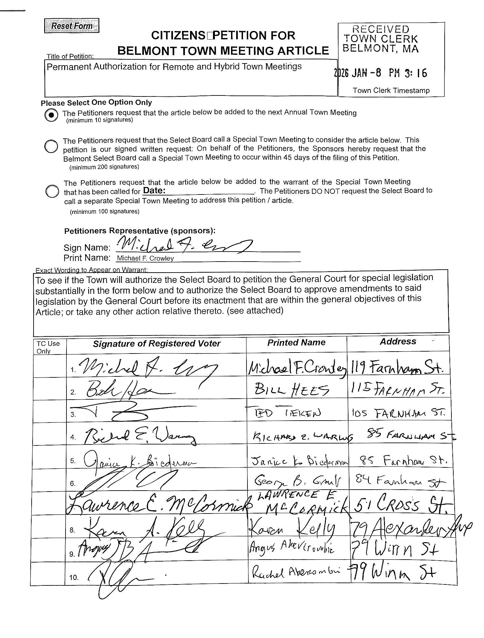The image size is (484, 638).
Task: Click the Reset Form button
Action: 72,26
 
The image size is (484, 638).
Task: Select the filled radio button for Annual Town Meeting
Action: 51,115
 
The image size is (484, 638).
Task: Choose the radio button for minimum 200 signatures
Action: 51,146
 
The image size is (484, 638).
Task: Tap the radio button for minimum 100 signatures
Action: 52,191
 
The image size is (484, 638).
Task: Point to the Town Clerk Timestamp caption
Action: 391,91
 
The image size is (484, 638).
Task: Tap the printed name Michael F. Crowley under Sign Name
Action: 145,258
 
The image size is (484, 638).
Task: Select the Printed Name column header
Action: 296,343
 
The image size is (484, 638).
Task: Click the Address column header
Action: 398,342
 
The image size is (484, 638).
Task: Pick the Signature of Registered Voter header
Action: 156,344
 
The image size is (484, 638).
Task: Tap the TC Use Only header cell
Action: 48,347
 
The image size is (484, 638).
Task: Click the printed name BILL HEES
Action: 292,391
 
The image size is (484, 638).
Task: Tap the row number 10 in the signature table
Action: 74,578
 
